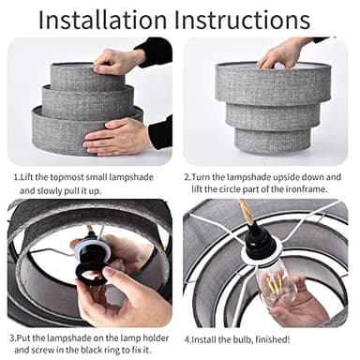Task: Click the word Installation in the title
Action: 102,20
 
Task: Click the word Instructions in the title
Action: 242,20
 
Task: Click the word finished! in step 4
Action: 273,339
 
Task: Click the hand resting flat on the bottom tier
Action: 117,138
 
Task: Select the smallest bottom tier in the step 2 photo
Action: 273,141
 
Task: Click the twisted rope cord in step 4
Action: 247,213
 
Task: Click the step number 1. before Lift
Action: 17,177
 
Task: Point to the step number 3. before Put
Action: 12,338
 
